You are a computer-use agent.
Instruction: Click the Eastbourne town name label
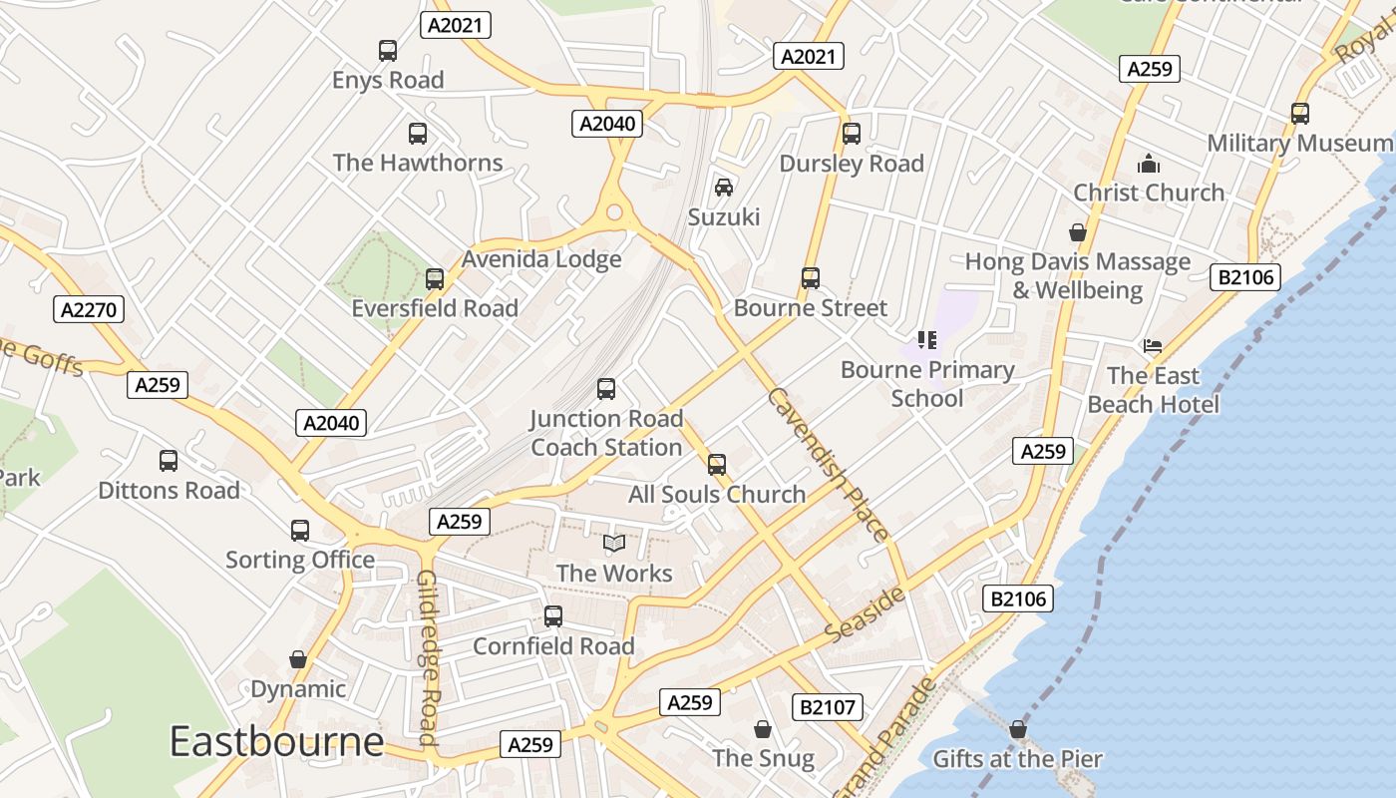(276, 742)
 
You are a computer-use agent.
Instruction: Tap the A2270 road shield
(89, 310)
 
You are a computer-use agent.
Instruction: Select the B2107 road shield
(828, 707)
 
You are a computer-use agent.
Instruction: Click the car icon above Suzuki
(724, 188)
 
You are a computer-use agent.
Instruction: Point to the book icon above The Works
(614, 544)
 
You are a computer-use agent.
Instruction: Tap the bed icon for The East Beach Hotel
(1153, 346)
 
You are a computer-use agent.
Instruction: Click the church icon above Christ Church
(1149, 164)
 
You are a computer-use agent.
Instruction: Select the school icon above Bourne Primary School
(927, 340)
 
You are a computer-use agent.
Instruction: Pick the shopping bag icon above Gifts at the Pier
(1017, 730)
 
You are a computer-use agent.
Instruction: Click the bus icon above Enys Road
(388, 51)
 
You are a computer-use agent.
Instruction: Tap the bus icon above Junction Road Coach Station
(606, 389)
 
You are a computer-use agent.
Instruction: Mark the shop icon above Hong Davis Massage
(1077, 233)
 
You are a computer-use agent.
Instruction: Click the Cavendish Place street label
(827, 464)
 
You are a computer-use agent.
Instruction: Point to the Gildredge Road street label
(429, 657)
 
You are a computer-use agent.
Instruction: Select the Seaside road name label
(866, 615)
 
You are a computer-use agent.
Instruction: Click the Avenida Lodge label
(540, 259)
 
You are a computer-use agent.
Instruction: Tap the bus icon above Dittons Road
(169, 461)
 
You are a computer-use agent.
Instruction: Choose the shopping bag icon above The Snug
(763, 730)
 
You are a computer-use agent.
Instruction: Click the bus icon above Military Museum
(1299, 114)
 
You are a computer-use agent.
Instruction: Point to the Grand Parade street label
(885, 738)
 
